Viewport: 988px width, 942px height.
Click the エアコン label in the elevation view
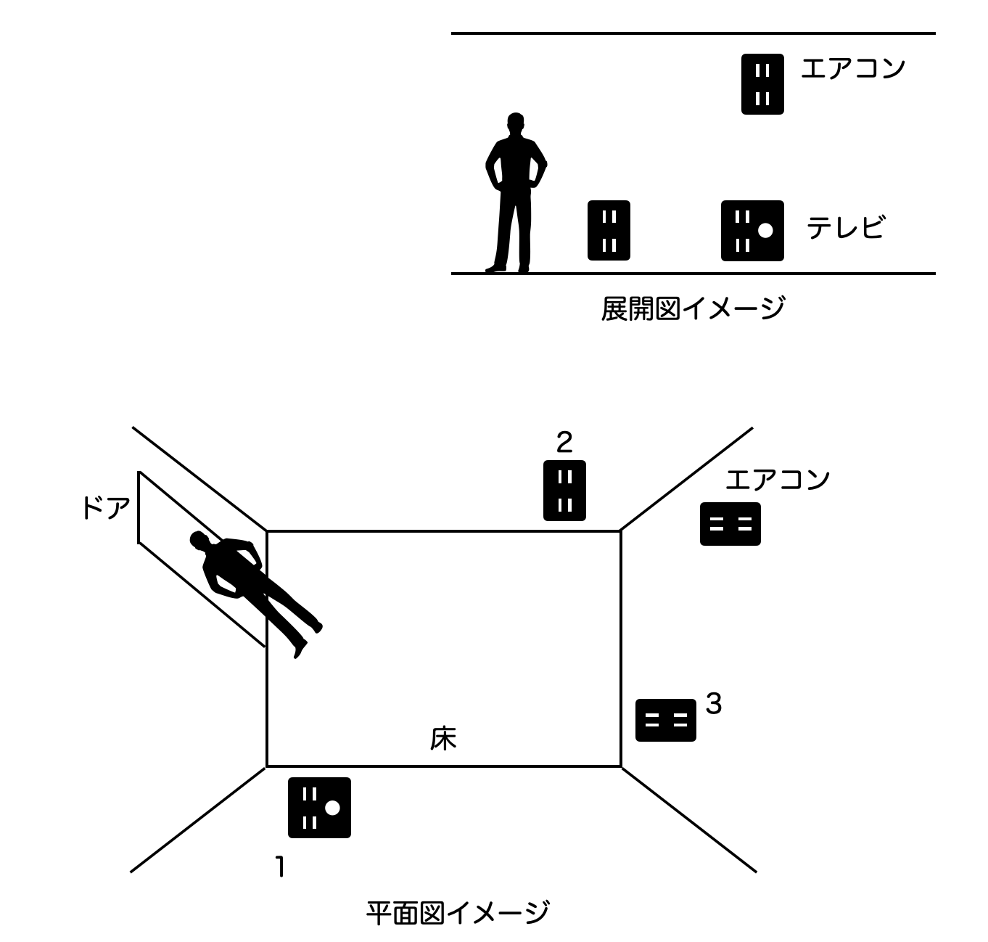[x=853, y=68]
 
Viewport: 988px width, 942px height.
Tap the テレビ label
[x=846, y=228]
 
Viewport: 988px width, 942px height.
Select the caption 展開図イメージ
[x=692, y=308]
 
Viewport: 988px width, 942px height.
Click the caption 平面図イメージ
[x=457, y=912]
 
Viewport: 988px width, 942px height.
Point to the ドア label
[x=106, y=508]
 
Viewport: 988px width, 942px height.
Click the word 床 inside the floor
[x=443, y=739]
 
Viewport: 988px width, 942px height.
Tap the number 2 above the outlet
[x=564, y=441]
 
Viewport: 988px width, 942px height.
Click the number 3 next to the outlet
[x=714, y=703]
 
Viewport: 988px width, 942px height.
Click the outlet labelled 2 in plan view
[x=564, y=491]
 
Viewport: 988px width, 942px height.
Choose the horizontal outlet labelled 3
[x=665, y=720]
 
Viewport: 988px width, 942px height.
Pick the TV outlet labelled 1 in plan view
[x=319, y=808]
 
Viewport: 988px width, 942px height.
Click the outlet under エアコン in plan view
[x=730, y=524]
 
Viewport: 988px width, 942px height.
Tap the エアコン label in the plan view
[x=778, y=480]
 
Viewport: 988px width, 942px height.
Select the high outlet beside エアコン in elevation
[x=762, y=84]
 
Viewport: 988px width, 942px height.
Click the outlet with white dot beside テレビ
[x=752, y=231]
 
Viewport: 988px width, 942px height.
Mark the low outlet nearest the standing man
[x=609, y=231]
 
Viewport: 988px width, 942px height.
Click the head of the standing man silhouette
[x=515, y=123]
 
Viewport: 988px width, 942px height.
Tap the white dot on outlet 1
[x=332, y=808]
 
